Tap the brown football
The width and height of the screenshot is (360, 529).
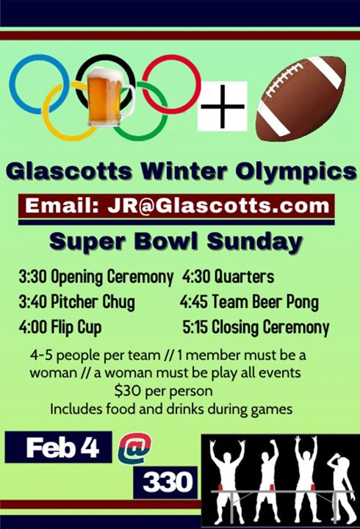[301, 98]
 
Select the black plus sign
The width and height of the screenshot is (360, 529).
[223, 107]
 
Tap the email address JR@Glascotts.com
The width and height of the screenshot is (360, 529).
[218, 206]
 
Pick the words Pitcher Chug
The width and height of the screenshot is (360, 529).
[93, 302]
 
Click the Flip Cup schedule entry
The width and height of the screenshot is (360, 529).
[60, 327]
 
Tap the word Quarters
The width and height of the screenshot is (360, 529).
[244, 277]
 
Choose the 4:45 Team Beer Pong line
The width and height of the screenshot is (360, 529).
[249, 302]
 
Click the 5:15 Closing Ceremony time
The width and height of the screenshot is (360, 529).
[195, 327]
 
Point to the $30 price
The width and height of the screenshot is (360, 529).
[126, 391]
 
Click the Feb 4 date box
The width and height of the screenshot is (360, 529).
[58, 447]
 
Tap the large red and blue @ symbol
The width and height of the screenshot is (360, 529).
[135, 448]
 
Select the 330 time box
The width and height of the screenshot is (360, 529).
[165, 483]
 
